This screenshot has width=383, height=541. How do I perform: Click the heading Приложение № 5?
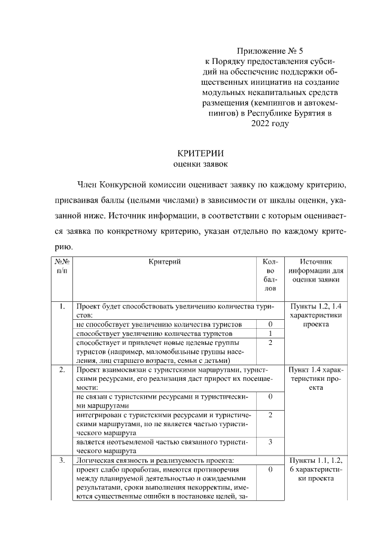click(x=270, y=51)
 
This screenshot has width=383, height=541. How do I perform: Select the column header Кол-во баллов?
click(x=270, y=275)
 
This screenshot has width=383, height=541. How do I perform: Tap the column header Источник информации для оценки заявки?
click(x=315, y=270)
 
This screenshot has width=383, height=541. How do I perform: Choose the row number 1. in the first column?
click(x=62, y=307)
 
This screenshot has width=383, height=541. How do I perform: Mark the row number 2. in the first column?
click(x=62, y=370)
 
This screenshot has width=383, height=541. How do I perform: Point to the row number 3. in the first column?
click(x=62, y=460)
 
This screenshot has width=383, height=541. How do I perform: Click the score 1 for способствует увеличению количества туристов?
click(x=270, y=333)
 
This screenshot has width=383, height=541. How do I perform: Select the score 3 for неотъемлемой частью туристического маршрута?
click(x=270, y=442)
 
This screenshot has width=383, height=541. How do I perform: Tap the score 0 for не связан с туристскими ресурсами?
click(x=270, y=396)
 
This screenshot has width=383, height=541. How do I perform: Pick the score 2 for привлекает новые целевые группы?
click(x=270, y=343)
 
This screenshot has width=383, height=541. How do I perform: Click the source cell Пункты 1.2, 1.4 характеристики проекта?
click(x=315, y=315)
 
